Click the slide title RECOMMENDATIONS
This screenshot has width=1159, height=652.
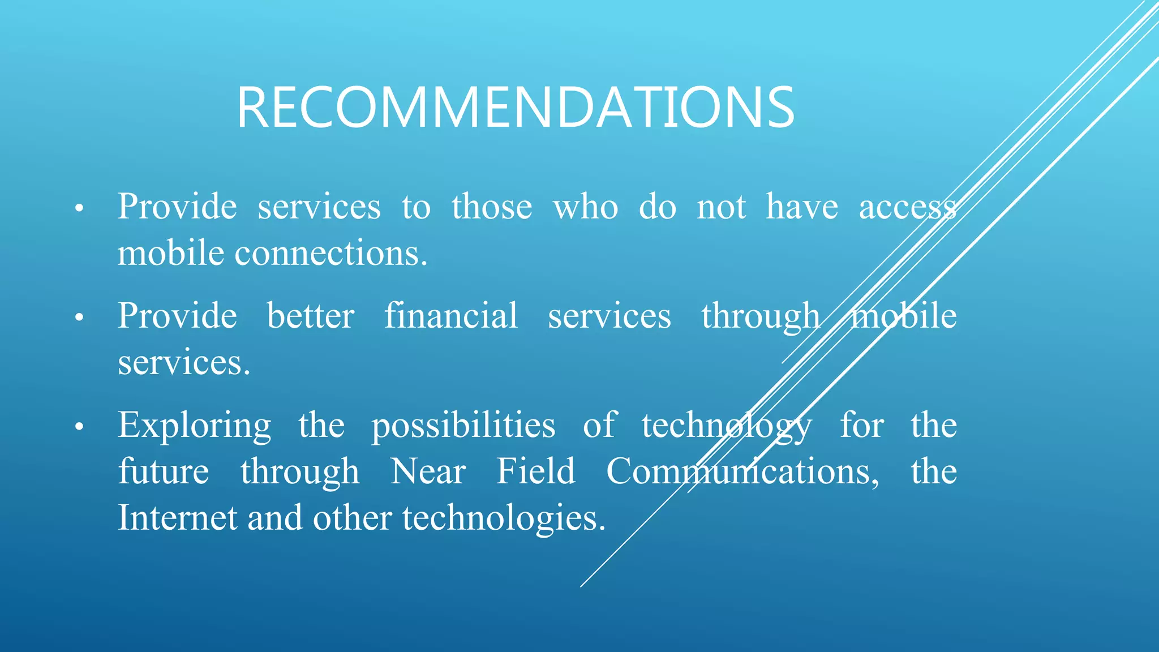point(516,108)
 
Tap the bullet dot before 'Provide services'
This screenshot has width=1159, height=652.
point(79,209)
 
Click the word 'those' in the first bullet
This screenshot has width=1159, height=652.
point(492,206)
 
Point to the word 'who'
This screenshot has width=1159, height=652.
point(586,206)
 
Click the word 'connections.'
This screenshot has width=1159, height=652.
point(331,253)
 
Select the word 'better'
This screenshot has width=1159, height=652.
point(311,315)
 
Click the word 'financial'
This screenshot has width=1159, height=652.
point(451,315)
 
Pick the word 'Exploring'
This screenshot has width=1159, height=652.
point(195,426)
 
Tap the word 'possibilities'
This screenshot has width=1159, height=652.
point(463,426)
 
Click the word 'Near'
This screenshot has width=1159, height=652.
point(428,471)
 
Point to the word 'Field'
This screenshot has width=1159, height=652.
point(535,471)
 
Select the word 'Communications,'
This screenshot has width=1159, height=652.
point(742,471)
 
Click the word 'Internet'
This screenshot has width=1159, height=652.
point(177,517)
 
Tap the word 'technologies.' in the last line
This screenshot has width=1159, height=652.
point(504,518)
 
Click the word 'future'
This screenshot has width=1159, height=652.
point(164,471)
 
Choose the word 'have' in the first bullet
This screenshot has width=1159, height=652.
point(802,206)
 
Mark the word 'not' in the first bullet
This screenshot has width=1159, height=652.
point(721,206)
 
